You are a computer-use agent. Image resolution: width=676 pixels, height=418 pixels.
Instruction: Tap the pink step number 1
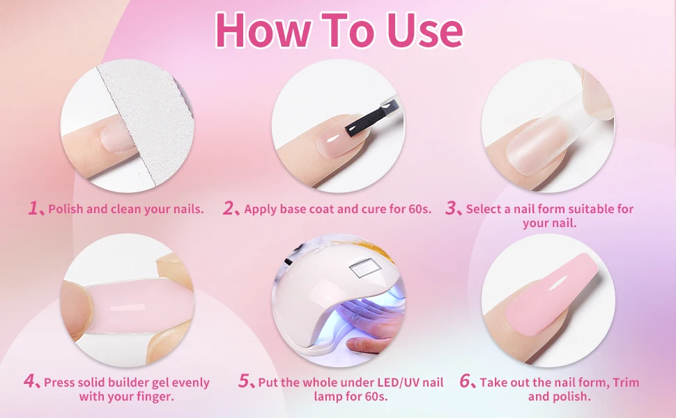pos(33,208)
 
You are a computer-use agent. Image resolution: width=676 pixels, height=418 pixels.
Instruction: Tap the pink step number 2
pos(229,208)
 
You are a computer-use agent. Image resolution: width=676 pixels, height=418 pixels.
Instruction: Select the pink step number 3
pos(451,208)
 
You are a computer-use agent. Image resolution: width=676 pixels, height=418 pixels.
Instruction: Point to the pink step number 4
pos(30,381)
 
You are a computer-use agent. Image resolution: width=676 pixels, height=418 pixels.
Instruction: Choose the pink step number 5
pos(244,381)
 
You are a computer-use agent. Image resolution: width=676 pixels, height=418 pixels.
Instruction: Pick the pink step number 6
pos(466,381)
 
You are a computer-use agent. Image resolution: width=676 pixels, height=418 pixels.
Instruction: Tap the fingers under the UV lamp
pos(369,344)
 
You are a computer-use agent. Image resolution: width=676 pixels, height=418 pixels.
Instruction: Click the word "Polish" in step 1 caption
pos(66,209)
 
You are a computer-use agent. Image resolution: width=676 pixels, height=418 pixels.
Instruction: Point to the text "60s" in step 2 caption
pos(418,209)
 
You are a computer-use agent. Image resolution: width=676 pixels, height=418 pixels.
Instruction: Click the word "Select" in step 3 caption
pos(484,209)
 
